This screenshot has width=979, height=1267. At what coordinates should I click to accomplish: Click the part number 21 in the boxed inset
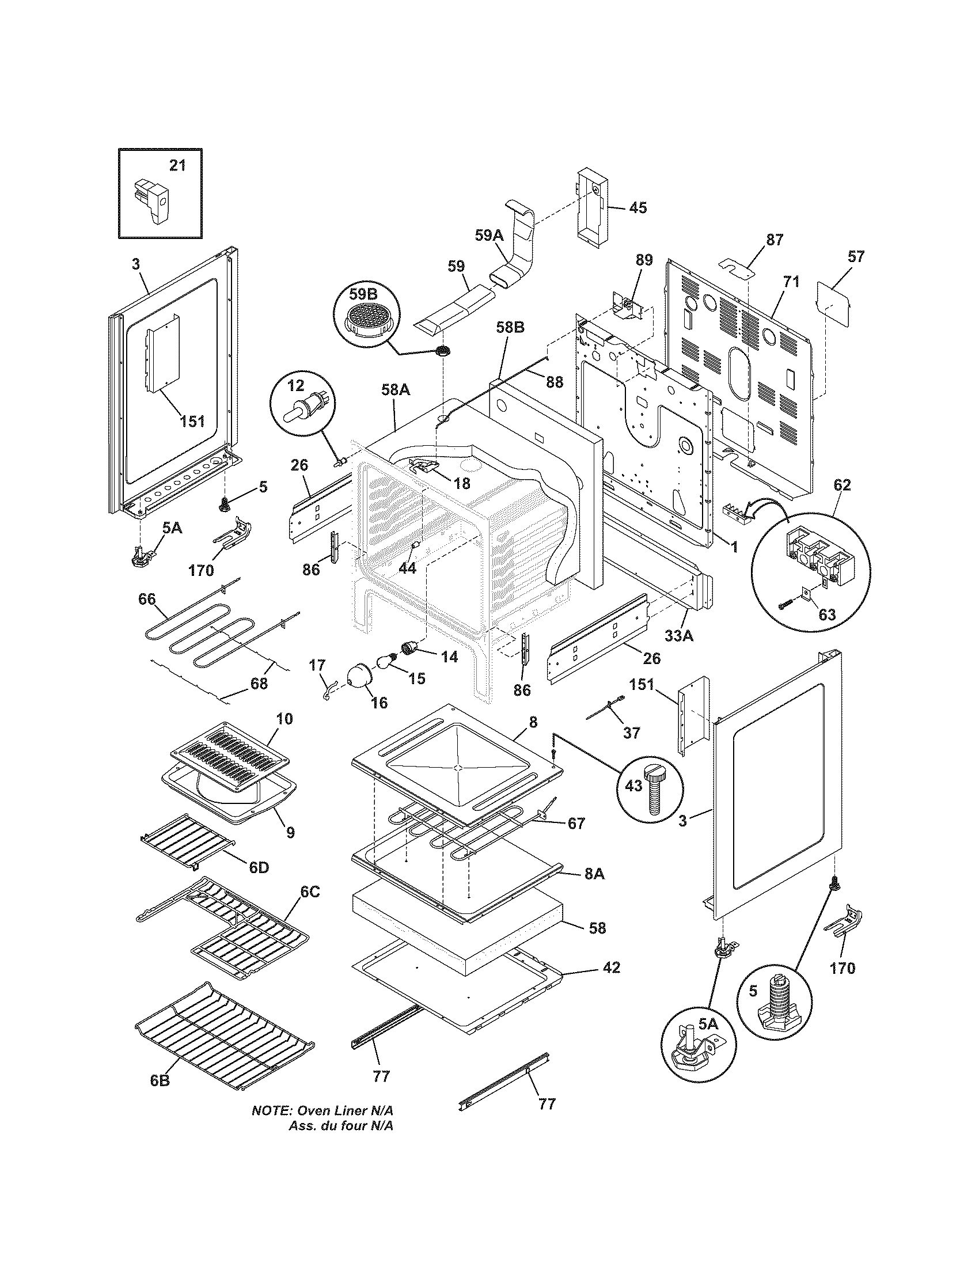pos(177,165)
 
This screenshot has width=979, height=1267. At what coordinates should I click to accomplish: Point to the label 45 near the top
pos(638,208)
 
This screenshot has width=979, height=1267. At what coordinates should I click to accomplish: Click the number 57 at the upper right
pos(855,256)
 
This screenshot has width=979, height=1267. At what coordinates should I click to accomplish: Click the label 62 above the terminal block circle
pos(842,485)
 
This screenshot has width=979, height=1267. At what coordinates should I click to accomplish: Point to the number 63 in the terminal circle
pos(826,614)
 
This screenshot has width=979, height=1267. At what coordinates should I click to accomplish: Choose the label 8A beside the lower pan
pos(594,874)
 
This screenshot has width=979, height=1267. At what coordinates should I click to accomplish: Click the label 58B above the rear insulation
pos(510,328)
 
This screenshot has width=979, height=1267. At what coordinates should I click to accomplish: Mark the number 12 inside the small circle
pos(296,385)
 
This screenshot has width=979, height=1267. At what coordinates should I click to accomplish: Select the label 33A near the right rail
pos(678,636)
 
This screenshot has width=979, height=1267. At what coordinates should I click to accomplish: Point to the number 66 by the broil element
pos(147,599)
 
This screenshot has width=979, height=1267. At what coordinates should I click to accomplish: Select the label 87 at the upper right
pos(774,239)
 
